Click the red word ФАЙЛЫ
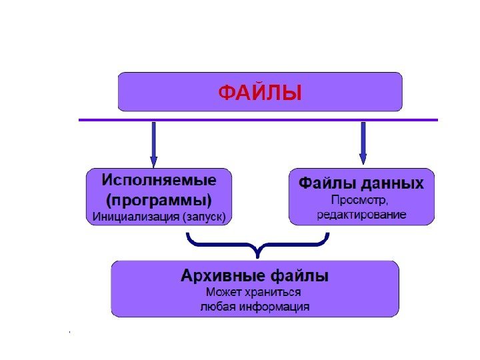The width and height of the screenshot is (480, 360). [260, 93]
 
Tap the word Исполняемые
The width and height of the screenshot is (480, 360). [159, 181]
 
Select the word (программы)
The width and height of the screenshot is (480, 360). [159, 199]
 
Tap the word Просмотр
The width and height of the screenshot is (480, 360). [361, 199]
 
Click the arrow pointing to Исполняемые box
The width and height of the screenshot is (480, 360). [154, 143]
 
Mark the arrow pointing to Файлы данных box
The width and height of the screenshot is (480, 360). [363, 142]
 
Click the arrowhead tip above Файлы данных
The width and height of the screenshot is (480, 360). [363, 163]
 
